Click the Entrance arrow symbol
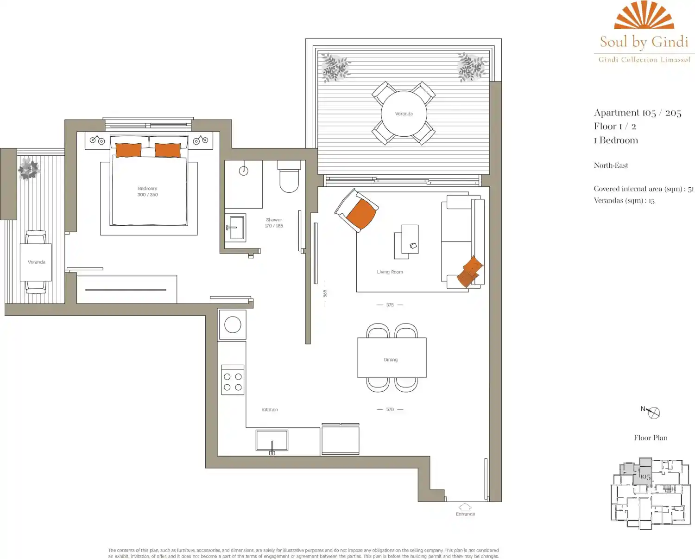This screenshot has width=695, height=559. [x=465, y=507]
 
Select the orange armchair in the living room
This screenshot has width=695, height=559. [x=357, y=210]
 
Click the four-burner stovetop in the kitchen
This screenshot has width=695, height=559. [x=233, y=380]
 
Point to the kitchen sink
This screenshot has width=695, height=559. [x=272, y=440]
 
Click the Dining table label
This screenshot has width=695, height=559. [x=391, y=360]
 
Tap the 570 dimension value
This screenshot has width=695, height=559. [x=390, y=409]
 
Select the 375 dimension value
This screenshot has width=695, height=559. [x=390, y=305]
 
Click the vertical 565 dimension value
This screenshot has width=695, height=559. [x=325, y=293]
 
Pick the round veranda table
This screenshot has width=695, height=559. [x=404, y=114]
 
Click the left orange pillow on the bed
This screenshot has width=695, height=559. [x=128, y=150]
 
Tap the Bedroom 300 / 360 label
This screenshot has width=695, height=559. [x=148, y=191]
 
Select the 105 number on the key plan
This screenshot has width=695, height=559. [x=645, y=476]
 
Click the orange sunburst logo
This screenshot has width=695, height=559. [x=644, y=15]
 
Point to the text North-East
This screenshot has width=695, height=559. [x=611, y=165]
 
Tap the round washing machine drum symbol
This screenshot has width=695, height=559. [x=233, y=325]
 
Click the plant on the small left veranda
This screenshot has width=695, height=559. [x=29, y=169]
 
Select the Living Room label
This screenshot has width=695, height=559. [x=390, y=272]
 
